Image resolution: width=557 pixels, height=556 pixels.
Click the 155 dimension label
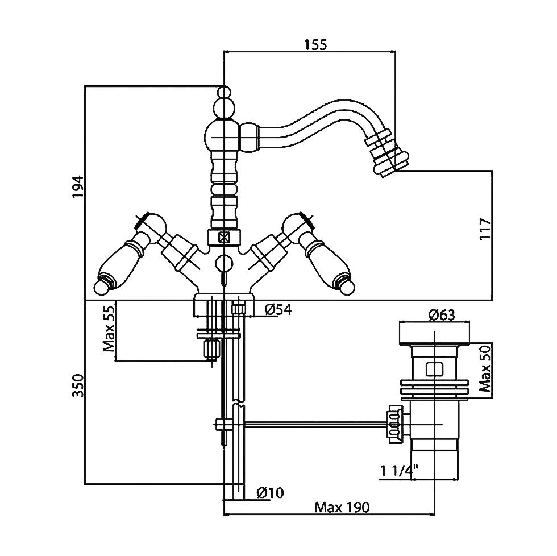tap(315, 44)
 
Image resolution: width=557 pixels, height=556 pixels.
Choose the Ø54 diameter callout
tap(278, 310)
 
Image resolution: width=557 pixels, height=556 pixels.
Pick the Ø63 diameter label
tap(442, 314)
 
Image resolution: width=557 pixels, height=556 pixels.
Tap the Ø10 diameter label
tap(270, 492)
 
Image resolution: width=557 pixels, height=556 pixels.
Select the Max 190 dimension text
tap(342, 507)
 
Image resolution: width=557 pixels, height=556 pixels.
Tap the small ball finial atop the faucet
tap(225, 92)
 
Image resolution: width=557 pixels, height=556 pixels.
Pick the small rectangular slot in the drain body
tap(434, 370)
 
